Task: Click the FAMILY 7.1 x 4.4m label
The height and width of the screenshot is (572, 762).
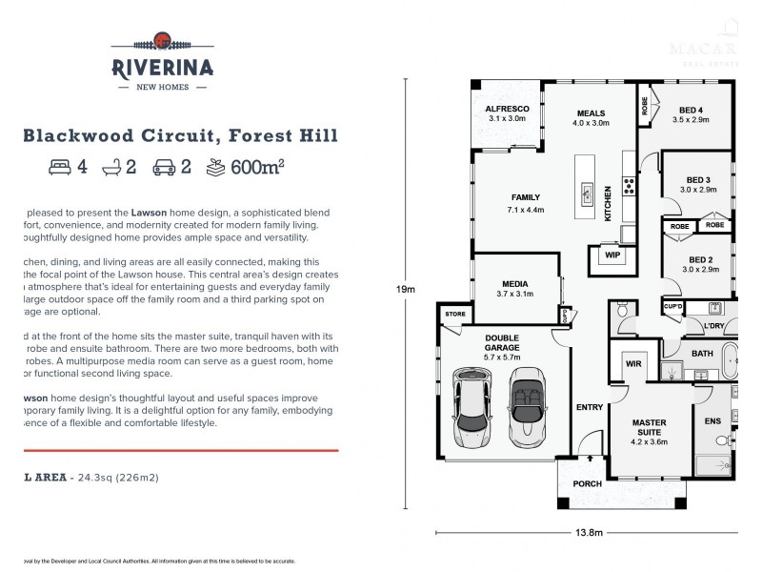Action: pos(524,202)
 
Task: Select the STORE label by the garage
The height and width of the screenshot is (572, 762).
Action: pos(455,313)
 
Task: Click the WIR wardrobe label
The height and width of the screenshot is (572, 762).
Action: pos(633,363)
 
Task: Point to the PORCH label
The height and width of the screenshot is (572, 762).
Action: pos(587,484)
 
